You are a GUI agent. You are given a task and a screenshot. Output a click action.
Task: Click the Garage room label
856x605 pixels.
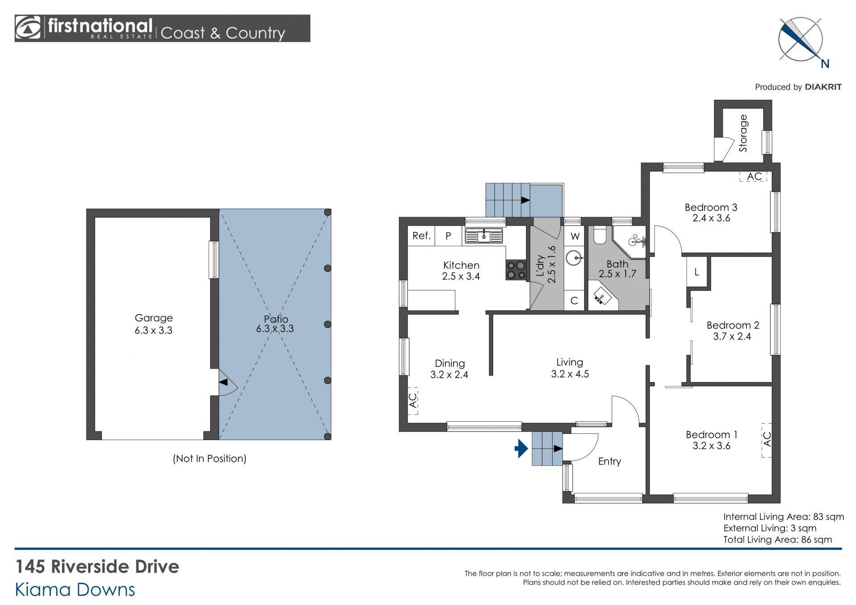(x=153, y=318)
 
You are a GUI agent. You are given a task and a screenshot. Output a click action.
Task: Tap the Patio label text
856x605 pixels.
(x=276, y=319)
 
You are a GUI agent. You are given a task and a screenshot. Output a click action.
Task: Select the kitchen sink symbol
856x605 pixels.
(x=484, y=235)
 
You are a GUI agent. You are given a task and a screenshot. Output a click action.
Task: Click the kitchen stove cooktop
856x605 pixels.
(x=516, y=270)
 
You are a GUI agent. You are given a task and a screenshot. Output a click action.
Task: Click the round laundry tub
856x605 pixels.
(x=574, y=258)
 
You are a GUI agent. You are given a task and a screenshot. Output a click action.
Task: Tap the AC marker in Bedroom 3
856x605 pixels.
(x=754, y=177)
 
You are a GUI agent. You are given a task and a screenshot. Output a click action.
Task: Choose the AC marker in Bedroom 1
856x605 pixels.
(x=766, y=440)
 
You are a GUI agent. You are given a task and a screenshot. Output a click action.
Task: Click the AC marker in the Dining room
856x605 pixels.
(x=413, y=400)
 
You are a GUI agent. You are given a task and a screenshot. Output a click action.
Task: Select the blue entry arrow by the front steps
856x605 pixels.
(x=521, y=449)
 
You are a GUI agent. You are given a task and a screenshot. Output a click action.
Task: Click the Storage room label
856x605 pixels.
(x=743, y=133)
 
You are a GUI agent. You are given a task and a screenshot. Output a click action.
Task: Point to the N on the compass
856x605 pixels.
(x=825, y=64)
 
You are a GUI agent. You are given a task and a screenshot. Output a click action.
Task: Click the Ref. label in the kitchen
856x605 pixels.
(x=421, y=236)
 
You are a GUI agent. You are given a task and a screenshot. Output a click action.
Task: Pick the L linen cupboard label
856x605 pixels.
(x=696, y=272)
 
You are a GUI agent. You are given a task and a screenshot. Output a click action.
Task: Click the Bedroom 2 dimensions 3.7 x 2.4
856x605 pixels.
(x=732, y=337)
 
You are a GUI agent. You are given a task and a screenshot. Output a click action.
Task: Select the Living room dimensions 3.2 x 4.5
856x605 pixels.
(x=570, y=374)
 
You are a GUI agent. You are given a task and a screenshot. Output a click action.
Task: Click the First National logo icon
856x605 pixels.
(x=28, y=28)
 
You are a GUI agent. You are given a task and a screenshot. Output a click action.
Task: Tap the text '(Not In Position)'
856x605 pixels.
(x=210, y=458)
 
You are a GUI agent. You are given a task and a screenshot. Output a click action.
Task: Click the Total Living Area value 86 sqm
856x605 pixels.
(x=816, y=539)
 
